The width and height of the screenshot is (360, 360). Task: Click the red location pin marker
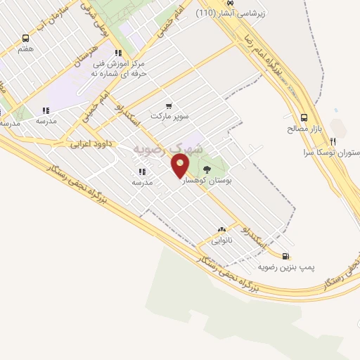click(x=181, y=165)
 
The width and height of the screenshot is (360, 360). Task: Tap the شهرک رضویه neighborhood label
click(x=168, y=149)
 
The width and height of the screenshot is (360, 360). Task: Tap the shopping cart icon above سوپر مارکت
click(x=168, y=105)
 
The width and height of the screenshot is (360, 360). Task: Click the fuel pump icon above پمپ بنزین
click(x=285, y=256)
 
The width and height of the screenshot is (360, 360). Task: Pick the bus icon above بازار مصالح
click(x=304, y=117)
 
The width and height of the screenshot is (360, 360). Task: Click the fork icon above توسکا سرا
click(x=342, y=141)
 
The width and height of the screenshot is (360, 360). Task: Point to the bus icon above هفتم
click(x=26, y=39)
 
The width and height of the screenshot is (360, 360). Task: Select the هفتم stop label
click(x=26, y=50)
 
